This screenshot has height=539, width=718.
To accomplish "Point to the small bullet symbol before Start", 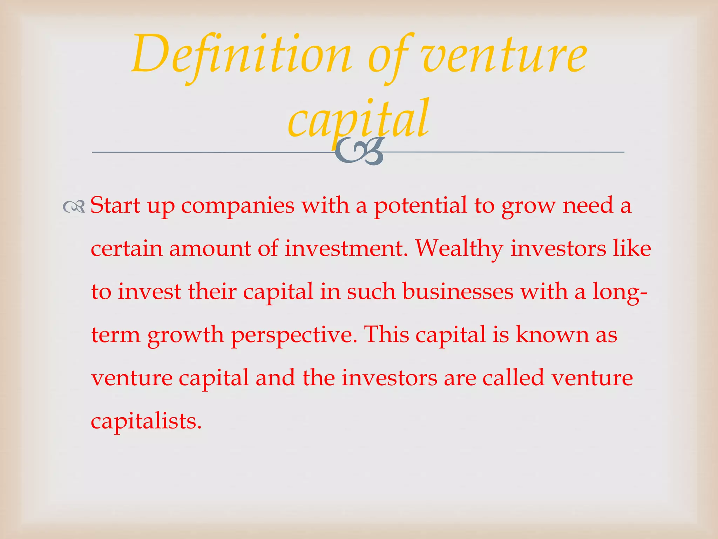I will (74, 207).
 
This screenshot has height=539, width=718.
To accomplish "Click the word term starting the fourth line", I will (116, 335).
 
